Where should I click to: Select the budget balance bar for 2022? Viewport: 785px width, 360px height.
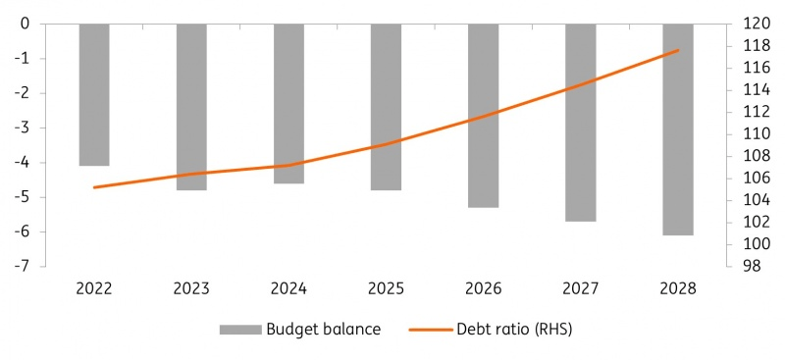pos(94,94)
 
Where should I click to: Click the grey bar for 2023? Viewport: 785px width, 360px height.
pos(191,106)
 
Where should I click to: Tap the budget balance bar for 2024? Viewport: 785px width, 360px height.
pos(288,103)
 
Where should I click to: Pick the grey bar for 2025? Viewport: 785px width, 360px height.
pos(386,106)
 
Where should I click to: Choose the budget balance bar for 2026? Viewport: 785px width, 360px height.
pos(483,115)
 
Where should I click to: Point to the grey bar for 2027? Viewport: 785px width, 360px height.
pos(580,122)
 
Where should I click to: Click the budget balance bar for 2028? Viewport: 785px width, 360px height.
pos(678,129)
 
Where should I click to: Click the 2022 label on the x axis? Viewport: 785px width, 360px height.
pos(94,288)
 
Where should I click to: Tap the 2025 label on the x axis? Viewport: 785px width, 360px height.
pos(386,288)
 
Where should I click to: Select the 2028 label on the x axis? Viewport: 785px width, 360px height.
pos(678,288)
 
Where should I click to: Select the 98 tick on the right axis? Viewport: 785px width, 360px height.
pos(745,266)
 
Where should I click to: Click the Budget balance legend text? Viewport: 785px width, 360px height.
pos(323,330)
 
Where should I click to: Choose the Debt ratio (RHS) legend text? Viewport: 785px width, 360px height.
pos(513,330)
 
